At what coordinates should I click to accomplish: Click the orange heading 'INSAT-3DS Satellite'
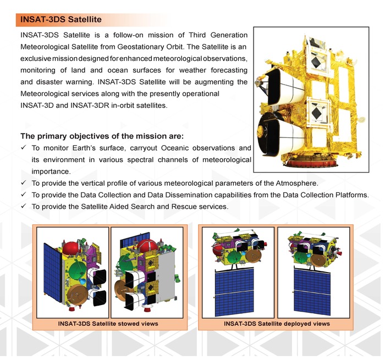coord(61,19)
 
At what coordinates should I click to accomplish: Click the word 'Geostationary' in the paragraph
coord(140,47)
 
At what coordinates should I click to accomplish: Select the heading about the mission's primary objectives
coord(102,136)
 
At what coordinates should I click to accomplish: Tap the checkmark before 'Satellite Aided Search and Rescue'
coord(24,206)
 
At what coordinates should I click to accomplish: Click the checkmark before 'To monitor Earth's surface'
coord(24,148)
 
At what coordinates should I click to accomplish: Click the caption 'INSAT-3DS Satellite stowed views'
coord(108,323)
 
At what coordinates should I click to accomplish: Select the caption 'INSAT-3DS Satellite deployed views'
coord(277,323)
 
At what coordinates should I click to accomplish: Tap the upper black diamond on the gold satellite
coord(316,62)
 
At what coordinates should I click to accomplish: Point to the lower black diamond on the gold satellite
coord(316,112)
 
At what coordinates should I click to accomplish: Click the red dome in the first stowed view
coord(71,248)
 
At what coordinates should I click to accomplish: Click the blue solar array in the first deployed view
coord(234,292)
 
